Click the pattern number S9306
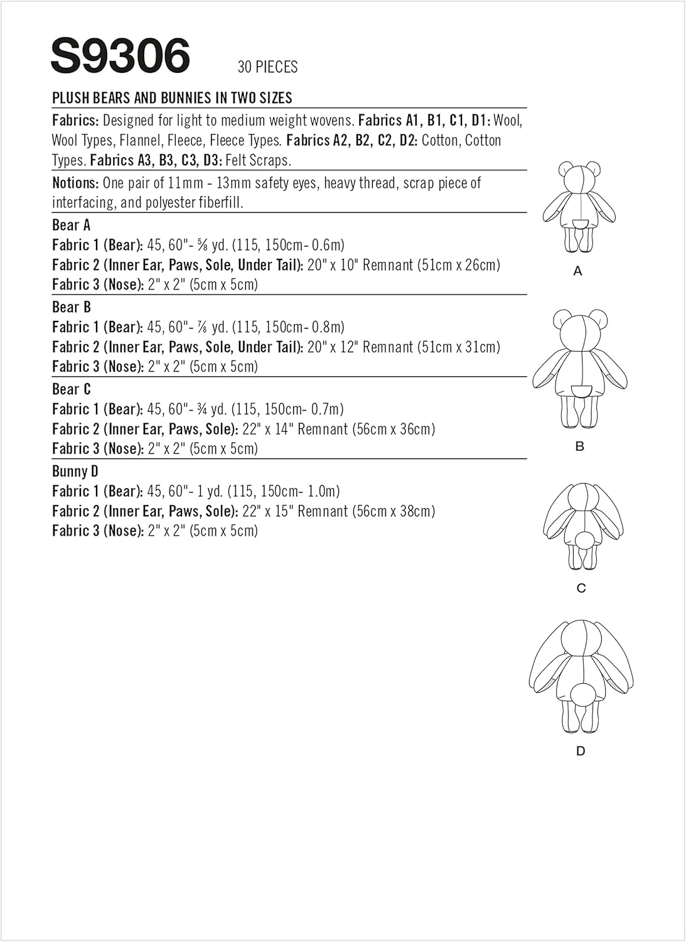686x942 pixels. (x=120, y=56)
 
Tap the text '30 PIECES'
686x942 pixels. (x=267, y=67)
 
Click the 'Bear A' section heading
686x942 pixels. (x=71, y=225)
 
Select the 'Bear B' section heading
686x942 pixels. (x=71, y=307)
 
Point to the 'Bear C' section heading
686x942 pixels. (x=71, y=389)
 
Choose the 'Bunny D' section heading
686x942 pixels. (x=75, y=472)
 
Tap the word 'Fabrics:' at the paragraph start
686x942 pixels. (x=75, y=120)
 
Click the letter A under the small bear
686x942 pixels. (x=578, y=271)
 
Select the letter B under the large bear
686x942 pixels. (x=579, y=446)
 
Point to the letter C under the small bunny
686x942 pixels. (x=581, y=588)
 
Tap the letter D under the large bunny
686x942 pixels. (x=581, y=751)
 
